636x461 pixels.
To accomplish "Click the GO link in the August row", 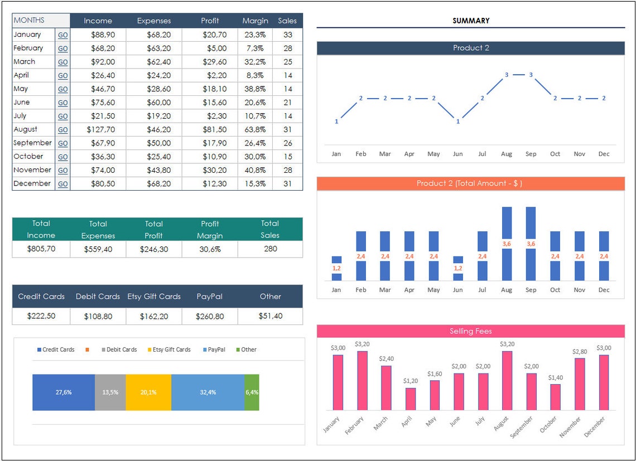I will (62, 130).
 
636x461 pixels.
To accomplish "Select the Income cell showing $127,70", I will (101, 129).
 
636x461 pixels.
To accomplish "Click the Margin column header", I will (255, 21).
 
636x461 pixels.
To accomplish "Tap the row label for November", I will (32, 170).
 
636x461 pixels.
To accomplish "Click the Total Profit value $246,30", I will (153, 249).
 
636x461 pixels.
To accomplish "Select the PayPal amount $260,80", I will (210, 316).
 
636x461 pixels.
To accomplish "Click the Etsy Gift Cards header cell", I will (154, 297).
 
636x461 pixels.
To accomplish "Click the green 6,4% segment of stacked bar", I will (252, 392).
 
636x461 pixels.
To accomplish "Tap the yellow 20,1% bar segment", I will (148, 392).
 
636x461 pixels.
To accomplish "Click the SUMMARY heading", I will (471, 21).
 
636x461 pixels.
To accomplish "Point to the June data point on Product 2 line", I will (458, 121).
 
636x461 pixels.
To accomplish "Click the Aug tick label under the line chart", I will (507, 154).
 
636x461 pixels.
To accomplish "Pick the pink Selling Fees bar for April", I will (411, 399).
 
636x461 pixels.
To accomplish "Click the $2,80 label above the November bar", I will (580, 352).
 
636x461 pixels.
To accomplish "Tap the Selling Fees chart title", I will (471, 331).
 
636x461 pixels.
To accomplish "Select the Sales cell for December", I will (287, 183).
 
